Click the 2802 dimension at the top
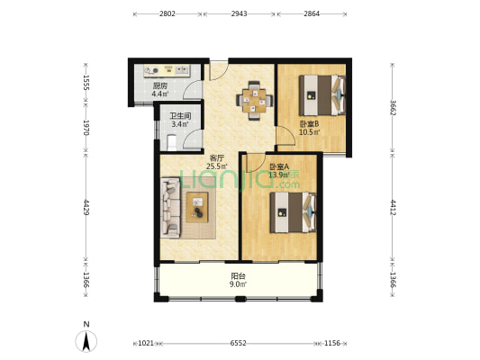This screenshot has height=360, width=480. [x=168, y=13]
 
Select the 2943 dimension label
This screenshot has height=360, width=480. [x=239, y=13]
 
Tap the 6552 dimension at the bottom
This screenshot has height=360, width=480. [x=238, y=343]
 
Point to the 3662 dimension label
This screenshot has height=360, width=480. [x=393, y=108]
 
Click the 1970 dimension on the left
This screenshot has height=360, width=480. [x=86, y=128]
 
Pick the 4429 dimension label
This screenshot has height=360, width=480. [x=86, y=207]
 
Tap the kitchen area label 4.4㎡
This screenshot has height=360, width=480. [x=159, y=94]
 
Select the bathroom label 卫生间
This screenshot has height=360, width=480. [x=181, y=116]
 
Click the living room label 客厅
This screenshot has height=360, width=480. [x=217, y=158]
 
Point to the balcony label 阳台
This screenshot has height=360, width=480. [x=238, y=276]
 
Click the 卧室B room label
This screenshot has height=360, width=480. [x=309, y=124]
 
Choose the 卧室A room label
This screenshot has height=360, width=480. [x=279, y=166]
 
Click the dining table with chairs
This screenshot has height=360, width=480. [x=254, y=100]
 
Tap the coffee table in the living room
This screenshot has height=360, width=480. [x=197, y=207]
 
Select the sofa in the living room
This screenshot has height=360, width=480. [x=170, y=207]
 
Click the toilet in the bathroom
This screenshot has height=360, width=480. [x=172, y=142]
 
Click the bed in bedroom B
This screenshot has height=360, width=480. [x=322, y=95]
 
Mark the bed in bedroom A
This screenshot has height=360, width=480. [x=293, y=212]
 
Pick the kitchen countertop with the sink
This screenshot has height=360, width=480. [x=168, y=71]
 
